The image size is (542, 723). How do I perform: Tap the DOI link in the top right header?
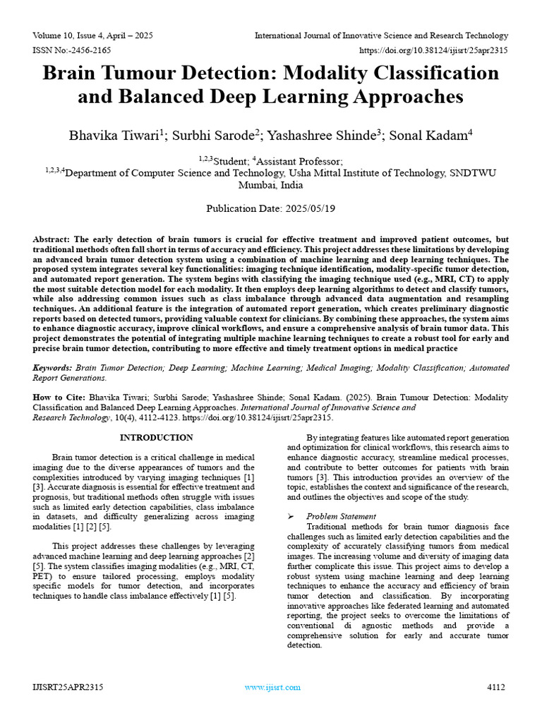(x=433, y=50)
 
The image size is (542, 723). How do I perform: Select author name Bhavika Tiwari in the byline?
(x=116, y=135)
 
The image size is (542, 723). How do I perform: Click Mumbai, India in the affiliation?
(x=270, y=185)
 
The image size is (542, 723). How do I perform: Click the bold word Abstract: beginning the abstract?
(x=52, y=239)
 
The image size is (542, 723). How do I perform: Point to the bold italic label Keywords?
(x=52, y=368)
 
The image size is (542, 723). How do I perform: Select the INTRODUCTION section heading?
(x=157, y=438)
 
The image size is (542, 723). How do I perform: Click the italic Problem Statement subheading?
(x=342, y=516)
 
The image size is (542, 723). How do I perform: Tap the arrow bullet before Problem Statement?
(x=291, y=516)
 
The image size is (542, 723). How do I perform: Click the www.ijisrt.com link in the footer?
(x=272, y=687)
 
